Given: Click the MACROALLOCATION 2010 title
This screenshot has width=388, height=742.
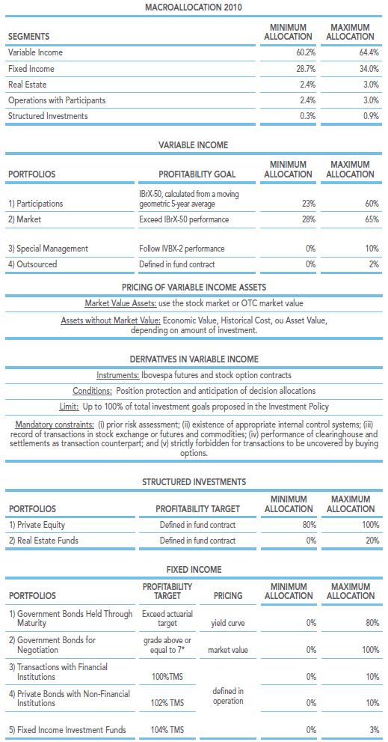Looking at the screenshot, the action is click(194, 7).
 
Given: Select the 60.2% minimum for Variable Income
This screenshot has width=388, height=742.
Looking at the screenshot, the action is click(306, 52).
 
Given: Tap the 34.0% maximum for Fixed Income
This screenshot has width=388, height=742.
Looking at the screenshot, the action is click(369, 69).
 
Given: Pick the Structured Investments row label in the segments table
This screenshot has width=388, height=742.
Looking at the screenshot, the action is click(48, 115).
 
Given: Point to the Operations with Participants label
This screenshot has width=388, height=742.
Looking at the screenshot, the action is click(57, 100).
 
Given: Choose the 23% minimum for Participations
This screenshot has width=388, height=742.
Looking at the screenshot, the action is click(309, 204).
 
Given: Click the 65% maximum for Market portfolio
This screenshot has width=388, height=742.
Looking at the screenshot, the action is click(372, 219).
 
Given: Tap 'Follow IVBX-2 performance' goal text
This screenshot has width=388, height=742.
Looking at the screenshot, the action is click(182, 249).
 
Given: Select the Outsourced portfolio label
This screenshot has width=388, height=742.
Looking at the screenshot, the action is click(33, 264).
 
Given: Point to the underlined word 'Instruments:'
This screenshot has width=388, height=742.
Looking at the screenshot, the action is click(117, 375).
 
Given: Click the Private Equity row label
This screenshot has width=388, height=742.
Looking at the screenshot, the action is click(37, 525).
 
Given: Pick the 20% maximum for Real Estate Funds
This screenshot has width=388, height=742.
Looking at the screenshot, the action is click(372, 541).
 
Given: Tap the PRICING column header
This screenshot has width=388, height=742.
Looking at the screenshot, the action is click(227, 595).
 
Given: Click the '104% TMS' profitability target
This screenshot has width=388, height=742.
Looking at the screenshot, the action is click(167, 730).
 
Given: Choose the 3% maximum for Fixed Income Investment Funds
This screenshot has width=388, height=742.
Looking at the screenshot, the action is click(375, 730).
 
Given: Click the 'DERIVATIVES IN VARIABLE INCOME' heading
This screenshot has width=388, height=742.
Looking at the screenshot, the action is click(194, 359).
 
